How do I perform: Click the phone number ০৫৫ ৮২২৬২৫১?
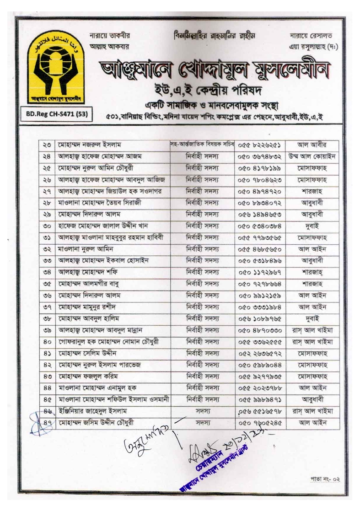259,145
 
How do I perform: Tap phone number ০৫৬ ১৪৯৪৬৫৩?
259,213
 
